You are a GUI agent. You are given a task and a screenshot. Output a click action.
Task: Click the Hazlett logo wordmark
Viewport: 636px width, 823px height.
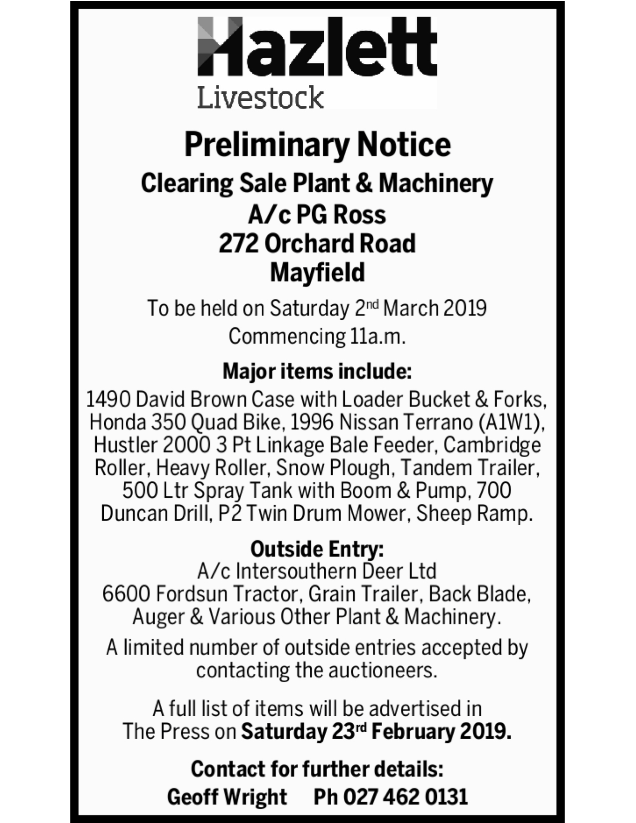pyautogui.click(x=317, y=47)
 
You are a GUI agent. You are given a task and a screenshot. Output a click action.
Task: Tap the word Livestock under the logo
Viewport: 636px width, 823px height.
pyautogui.click(x=260, y=97)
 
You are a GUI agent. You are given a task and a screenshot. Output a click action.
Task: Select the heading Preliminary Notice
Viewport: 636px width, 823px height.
pyautogui.click(x=318, y=145)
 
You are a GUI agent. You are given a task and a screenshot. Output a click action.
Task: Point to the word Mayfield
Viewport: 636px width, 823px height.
pyautogui.click(x=318, y=272)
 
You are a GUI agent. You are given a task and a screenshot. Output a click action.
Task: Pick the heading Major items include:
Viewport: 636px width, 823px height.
pyautogui.click(x=317, y=371)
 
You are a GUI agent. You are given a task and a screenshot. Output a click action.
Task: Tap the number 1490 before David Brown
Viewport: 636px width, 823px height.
pyautogui.click(x=108, y=399)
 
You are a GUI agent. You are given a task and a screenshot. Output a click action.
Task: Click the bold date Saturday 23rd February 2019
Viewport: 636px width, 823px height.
pyautogui.click(x=376, y=732)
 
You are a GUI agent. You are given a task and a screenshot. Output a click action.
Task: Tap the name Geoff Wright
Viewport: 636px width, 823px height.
pyautogui.click(x=227, y=797)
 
